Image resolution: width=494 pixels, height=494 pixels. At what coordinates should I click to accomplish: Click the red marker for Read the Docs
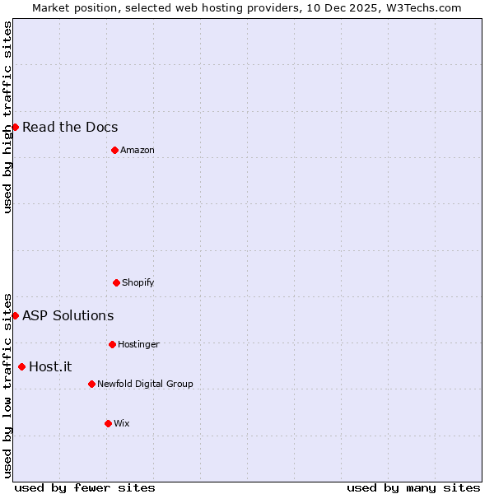point(15,127)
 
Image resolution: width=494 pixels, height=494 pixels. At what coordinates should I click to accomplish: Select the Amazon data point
point(114,150)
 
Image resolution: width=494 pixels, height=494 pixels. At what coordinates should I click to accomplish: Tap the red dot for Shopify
point(116,282)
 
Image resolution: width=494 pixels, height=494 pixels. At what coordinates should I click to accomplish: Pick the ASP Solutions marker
point(15,315)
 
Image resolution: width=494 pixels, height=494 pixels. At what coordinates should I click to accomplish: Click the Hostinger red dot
point(112,344)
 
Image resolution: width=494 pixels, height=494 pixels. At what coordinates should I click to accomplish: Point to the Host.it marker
point(21,366)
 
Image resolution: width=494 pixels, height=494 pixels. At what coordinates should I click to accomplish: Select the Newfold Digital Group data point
point(91,384)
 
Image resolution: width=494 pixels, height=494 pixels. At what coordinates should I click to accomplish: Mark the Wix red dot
point(108,423)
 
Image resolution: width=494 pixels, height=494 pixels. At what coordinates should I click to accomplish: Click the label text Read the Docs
point(70,127)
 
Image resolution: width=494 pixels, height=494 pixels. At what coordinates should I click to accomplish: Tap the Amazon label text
point(137,150)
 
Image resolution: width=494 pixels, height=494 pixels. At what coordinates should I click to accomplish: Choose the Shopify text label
point(137,282)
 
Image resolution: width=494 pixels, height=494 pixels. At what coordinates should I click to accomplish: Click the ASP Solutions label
point(68,315)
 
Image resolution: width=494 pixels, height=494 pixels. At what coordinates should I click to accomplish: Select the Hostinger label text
point(138,344)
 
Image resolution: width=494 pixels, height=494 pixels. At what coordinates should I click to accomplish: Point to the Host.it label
point(50,366)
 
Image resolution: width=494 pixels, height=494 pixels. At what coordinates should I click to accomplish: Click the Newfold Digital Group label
point(145,384)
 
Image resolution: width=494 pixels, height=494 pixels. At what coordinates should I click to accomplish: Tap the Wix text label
point(121,423)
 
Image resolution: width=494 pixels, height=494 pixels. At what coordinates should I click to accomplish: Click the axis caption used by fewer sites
point(85,487)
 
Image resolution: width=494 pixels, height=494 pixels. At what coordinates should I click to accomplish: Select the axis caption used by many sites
point(413,487)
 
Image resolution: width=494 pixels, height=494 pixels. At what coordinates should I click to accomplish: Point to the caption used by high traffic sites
point(7,117)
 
